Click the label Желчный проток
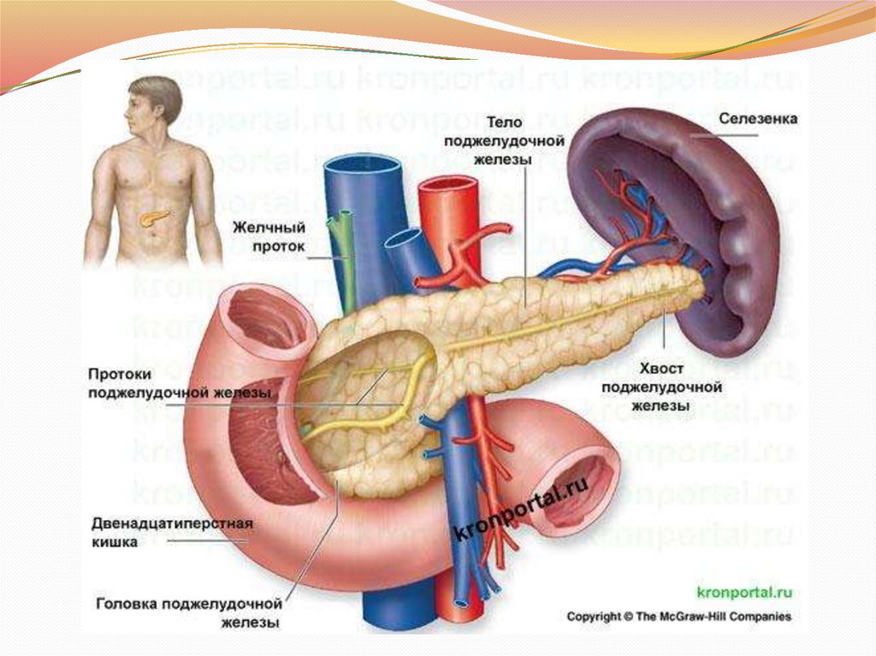(269, 237)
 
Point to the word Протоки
(120, 374)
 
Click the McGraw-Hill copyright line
(680, 616)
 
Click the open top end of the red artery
(447, 187)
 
